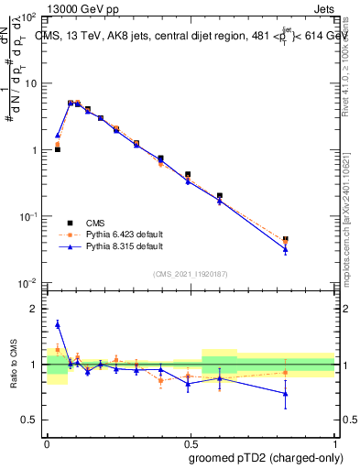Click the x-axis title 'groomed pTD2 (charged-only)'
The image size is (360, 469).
coord(266,458)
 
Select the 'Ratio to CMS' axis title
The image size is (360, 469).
coord(16,364)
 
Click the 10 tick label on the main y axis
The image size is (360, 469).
coord(32,83)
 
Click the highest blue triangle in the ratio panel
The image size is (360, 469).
coord(58,324)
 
